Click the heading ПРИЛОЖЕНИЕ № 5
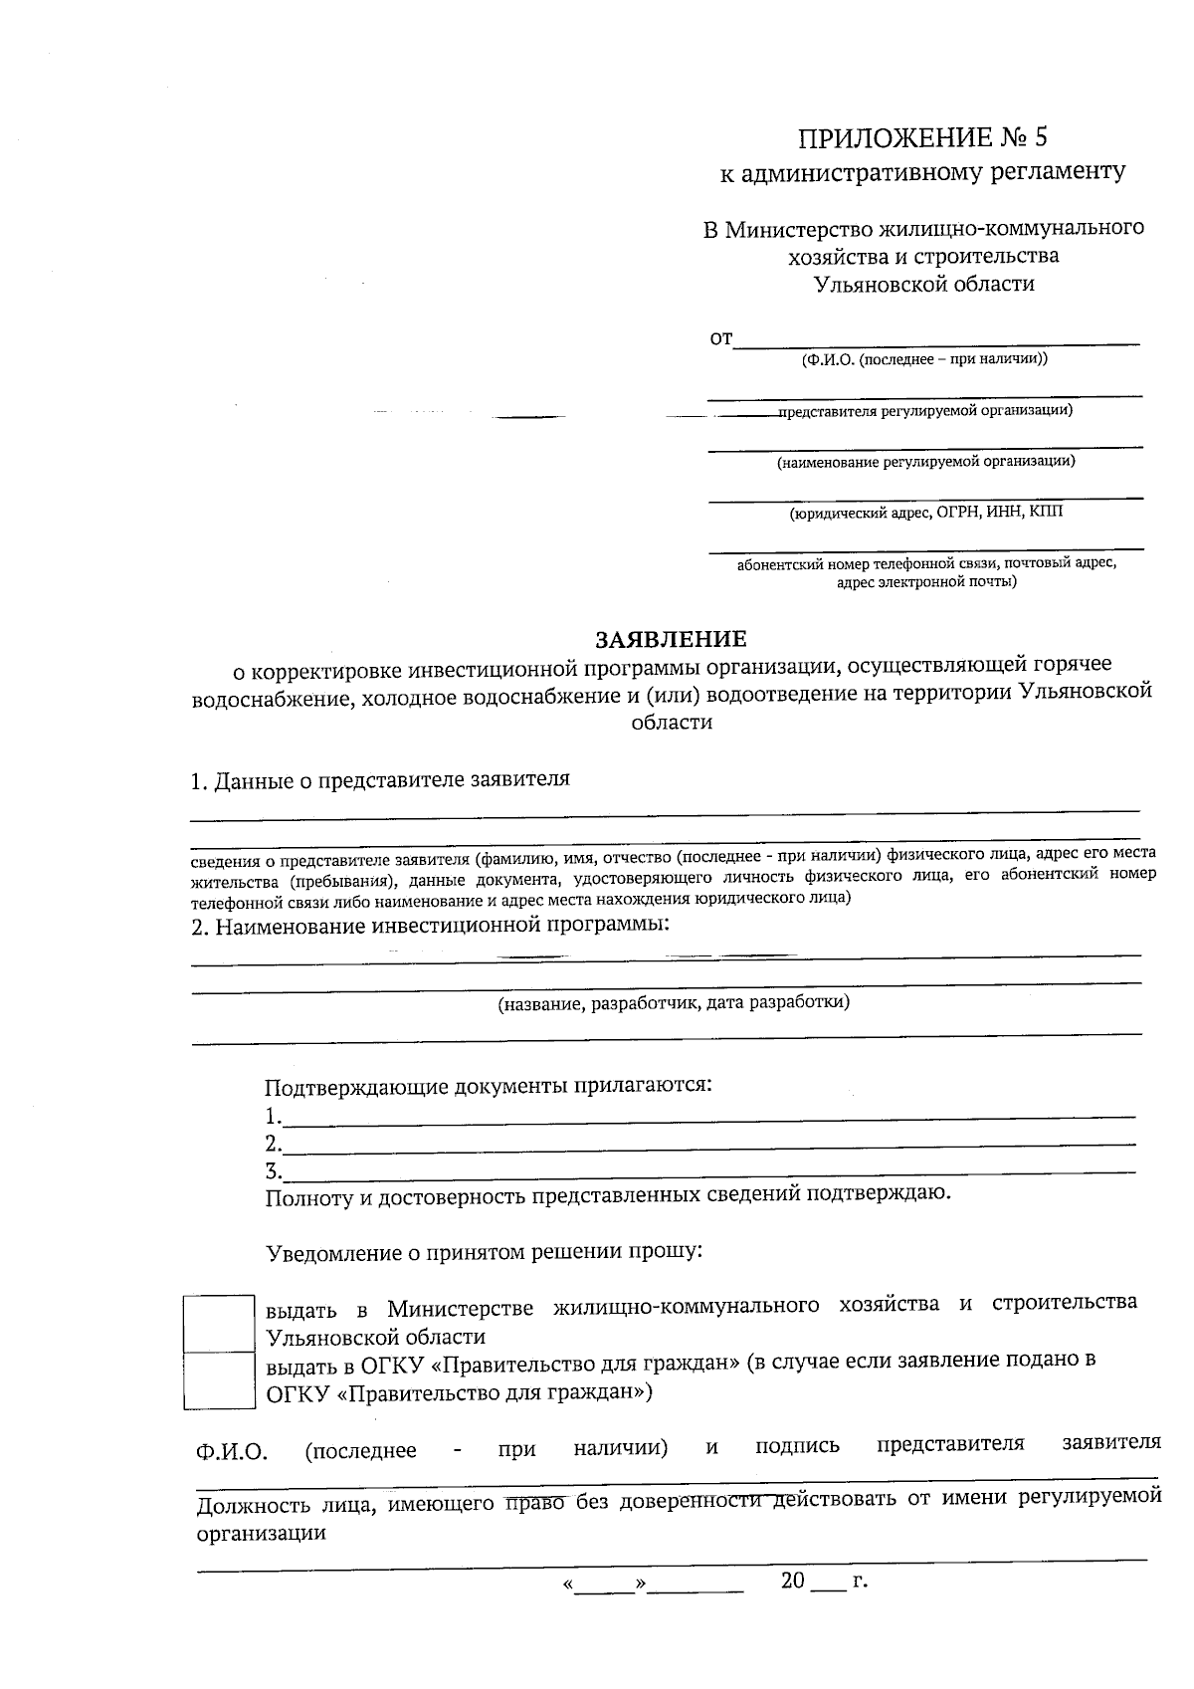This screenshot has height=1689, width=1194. tap(924, 137)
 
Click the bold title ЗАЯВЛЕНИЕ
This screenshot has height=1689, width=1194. tap(670, 638)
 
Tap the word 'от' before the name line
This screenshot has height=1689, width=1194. tap(719, 339)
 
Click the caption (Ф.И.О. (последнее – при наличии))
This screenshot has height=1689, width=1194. tap(924, 359)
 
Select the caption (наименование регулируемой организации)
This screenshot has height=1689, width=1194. tap(925, 462)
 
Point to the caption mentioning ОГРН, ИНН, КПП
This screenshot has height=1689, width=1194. tap(925, 514)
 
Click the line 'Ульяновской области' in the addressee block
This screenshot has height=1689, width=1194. tap(924, 285)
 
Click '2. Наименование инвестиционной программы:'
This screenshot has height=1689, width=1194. tap(430, 927)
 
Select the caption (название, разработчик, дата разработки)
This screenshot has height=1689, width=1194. tap(674, 1003)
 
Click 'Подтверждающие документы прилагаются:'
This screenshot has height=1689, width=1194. tap(489, 1086)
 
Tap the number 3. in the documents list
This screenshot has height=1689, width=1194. tap(273, 1171)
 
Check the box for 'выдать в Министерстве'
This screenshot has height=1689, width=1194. tap(218, 1323)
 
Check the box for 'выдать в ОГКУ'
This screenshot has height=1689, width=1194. tap(218, 1379)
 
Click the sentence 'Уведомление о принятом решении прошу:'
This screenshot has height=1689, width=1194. tap(485, 1252)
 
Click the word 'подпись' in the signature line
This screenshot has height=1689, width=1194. tap(797, 1446)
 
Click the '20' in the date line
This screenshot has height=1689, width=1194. tap(792, 1581)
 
